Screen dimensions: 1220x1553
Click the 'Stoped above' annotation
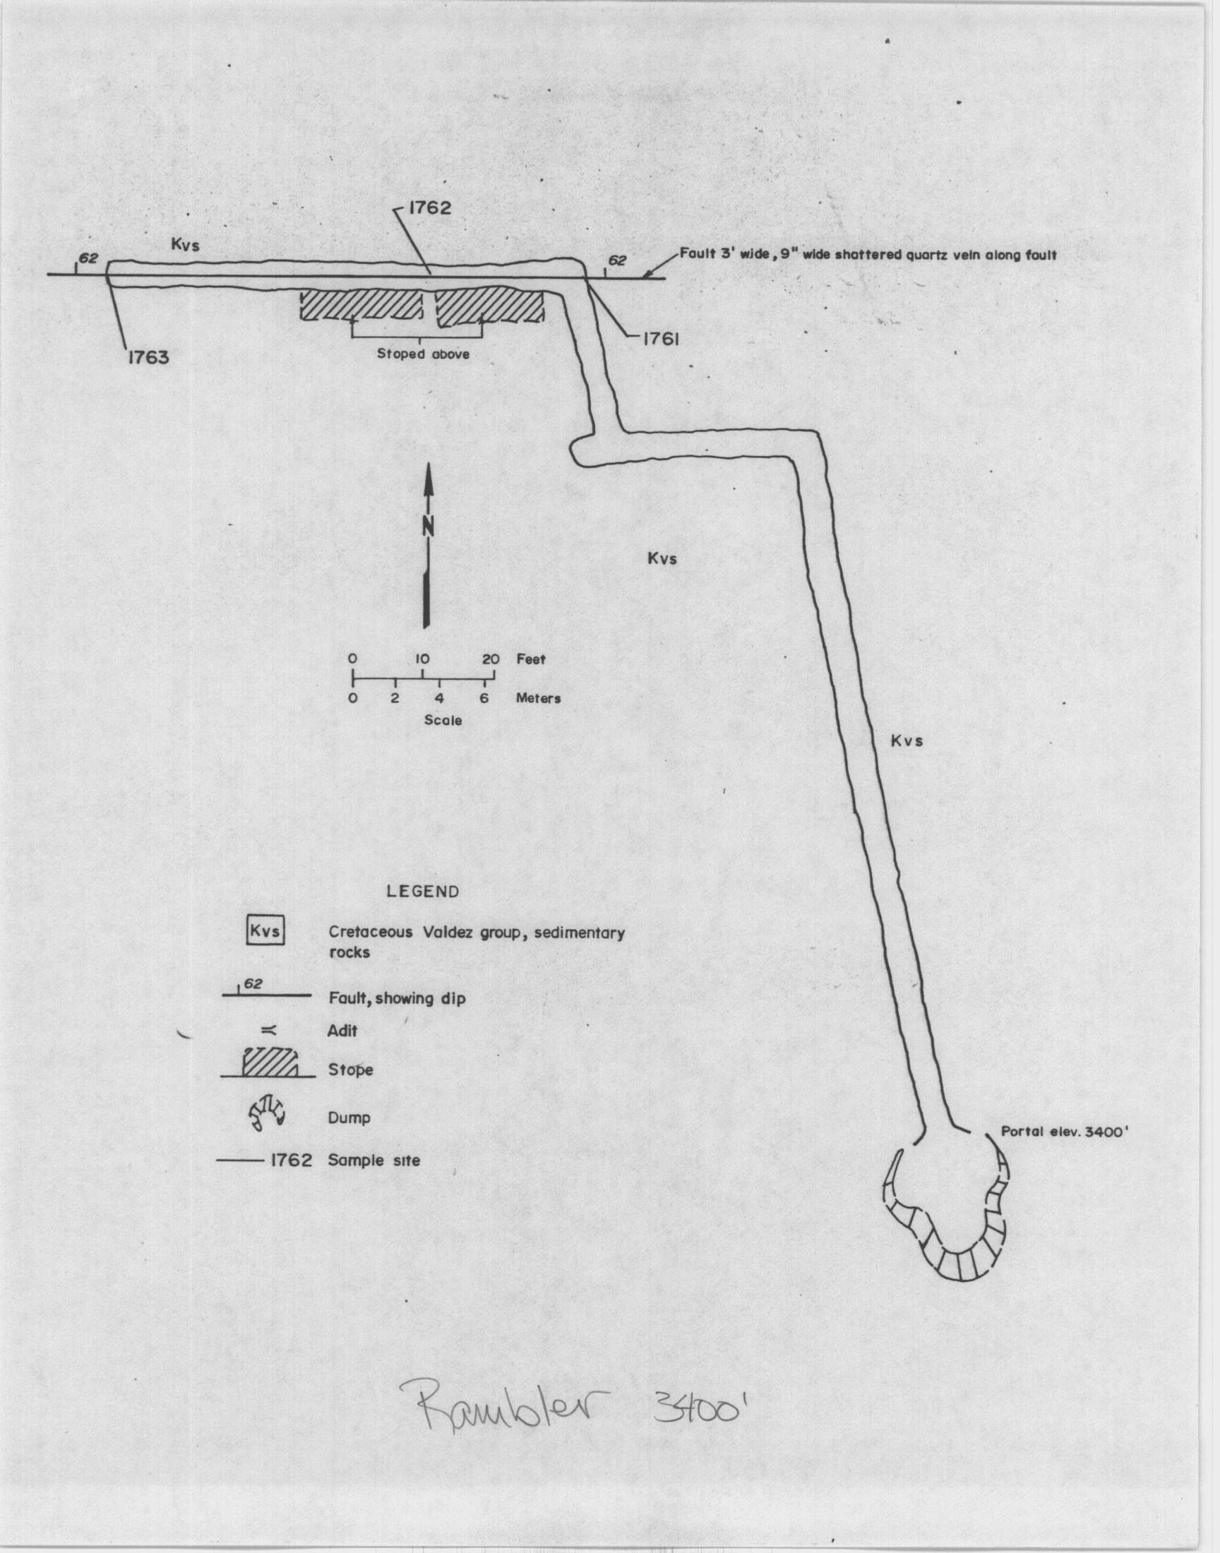(423, 354)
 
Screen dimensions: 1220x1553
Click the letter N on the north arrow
(428, 526)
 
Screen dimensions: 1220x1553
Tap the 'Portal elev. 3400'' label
(1063, 1132)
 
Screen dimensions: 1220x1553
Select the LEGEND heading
(423, 891)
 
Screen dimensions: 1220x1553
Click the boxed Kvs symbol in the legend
(265, 933)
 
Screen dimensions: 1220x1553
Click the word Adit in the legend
(343, 1031)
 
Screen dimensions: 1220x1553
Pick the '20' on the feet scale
(491, 659)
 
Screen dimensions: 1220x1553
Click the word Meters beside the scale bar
(538, 698)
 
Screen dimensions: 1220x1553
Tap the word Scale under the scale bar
(443, 721)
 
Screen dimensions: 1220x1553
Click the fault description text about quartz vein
(868, 254)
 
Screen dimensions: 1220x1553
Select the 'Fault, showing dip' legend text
(397, 998)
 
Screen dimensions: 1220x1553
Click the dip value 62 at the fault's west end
(88, 258)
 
